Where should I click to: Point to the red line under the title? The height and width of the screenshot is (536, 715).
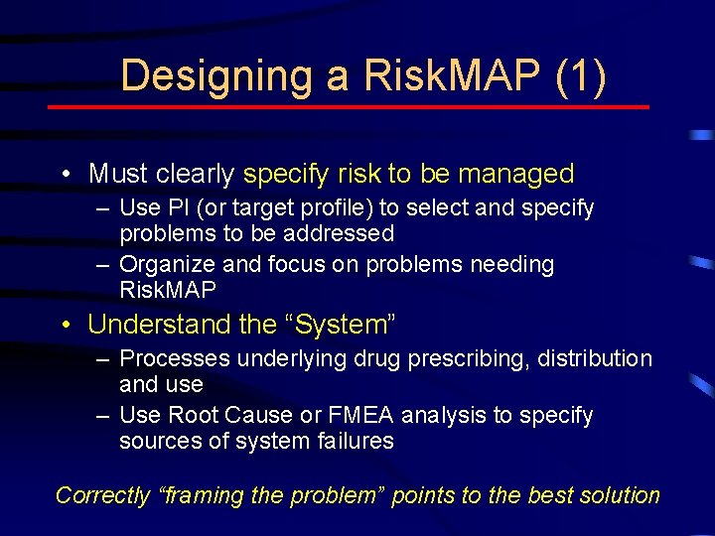tap(349, 107)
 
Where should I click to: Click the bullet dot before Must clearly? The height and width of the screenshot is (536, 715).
tap(65, 175)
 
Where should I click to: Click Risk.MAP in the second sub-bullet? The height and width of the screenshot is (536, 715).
tap(167, 290)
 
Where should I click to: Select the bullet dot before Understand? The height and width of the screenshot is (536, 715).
tap(65, 326)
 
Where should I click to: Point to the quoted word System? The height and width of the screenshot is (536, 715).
tap(333, 325)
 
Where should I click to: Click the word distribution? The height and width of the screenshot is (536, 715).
tap(595, 358)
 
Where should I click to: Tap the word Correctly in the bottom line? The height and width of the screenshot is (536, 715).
tap(101, 495)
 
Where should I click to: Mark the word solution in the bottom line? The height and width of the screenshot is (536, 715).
tap(619, 495)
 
